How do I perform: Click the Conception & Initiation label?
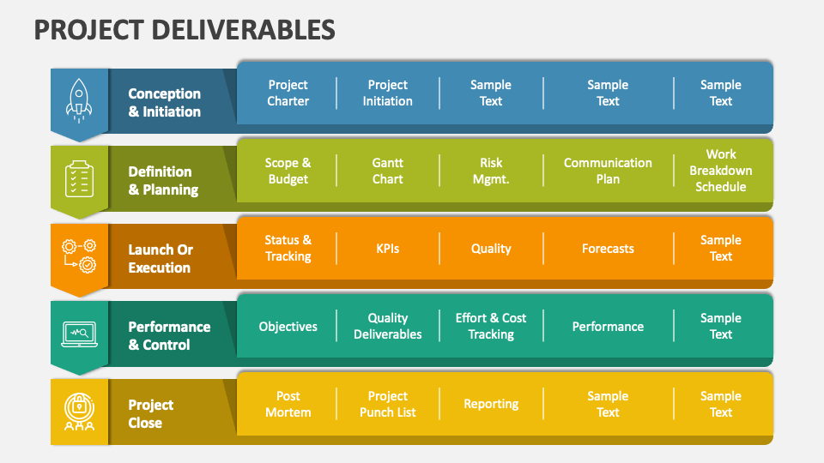[x=165, y=103]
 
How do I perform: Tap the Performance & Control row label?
[x=169, y=336]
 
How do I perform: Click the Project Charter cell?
[x=288, y=93]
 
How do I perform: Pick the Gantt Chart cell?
[x=387, y=171]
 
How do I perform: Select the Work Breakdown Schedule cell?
[x=721, y=171]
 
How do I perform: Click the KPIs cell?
[x=387, y=249]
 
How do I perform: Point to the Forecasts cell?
[x=608, y=249]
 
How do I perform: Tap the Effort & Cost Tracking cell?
[x=491, y=326]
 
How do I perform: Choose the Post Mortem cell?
[x=288, y=404]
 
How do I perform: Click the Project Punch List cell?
[x=387, y=404]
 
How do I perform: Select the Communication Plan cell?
[x=608, y=171]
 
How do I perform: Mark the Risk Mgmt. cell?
[x=491, y=171]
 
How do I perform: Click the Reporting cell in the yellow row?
[x=491, y=404]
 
